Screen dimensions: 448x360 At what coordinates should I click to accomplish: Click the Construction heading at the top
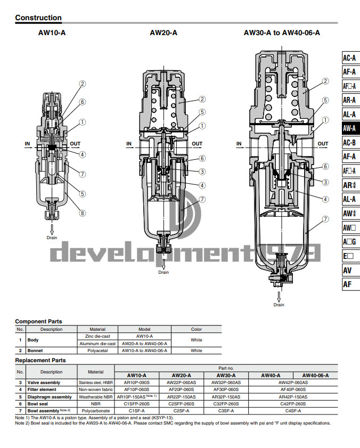[38, 18]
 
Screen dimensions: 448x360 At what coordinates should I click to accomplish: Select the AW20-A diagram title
[163, 32]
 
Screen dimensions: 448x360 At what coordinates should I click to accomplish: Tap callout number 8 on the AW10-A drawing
[83, 214]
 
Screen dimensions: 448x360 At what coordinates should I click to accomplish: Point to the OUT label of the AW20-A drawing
[197, 143]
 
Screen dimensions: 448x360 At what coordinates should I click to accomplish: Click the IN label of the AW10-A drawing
[27, 143]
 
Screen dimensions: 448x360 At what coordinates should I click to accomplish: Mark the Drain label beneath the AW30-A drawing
[279, 305]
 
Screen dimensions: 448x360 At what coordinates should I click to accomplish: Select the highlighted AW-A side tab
[349, 128]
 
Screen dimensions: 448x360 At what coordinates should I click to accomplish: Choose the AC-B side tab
[349, 143]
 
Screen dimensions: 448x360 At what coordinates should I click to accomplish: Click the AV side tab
[347, 270]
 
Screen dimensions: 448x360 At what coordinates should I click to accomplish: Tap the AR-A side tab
[349, 100]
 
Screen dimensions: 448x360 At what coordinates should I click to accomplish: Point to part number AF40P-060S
[293, 389]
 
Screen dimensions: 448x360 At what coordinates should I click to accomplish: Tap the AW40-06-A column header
[312, 375]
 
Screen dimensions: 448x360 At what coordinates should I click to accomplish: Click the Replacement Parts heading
[40, 361]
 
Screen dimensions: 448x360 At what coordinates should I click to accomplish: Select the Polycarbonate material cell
[96, 411]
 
